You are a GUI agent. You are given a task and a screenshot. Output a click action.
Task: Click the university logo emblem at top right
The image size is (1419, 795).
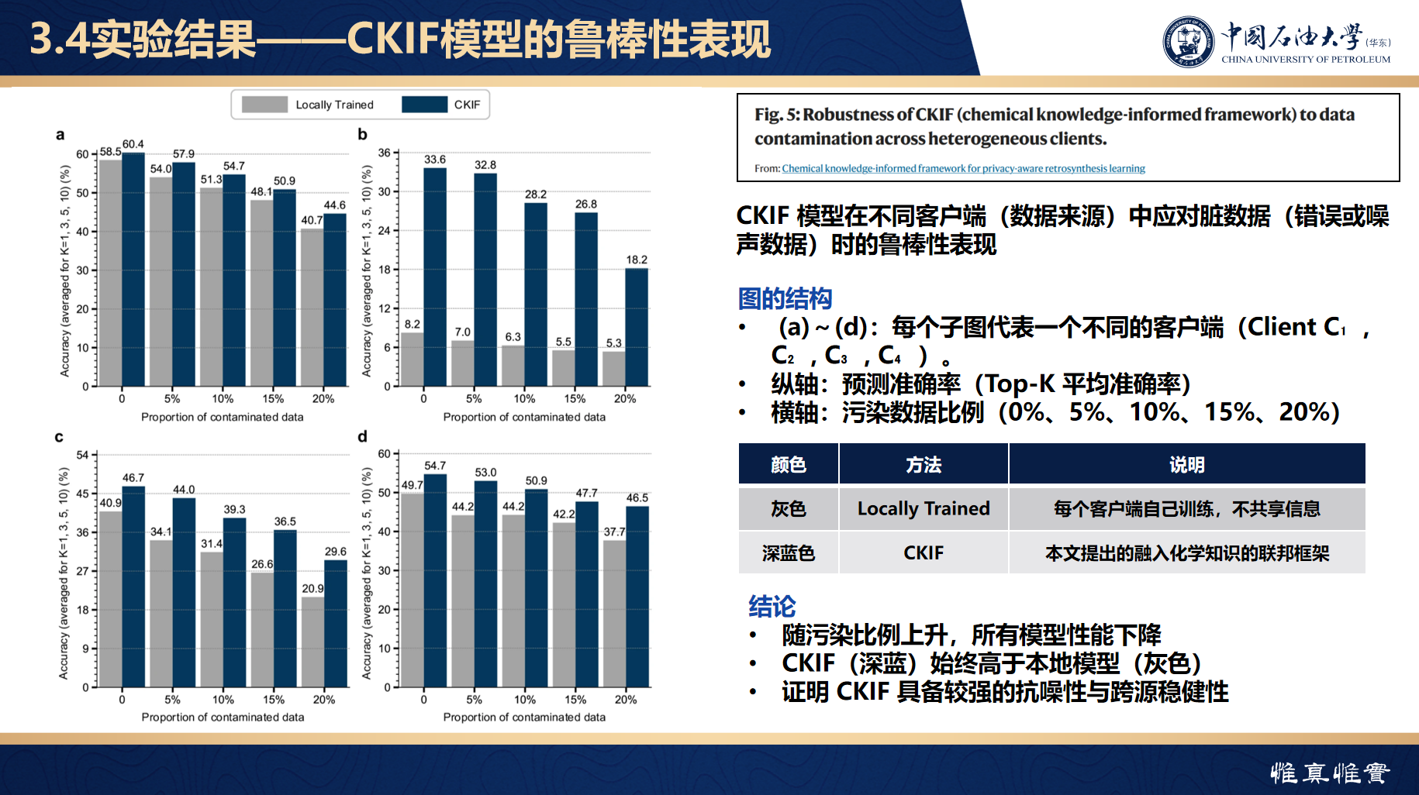pos(1188,42)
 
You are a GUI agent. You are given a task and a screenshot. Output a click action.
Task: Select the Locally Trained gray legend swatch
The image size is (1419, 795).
pos(264,105)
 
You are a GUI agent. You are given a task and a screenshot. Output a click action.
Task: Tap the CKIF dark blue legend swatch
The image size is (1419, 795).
pos(424,105)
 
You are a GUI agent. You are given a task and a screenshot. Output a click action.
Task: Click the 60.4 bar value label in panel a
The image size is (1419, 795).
pos(133,144)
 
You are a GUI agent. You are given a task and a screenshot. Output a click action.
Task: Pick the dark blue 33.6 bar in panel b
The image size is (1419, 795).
pos(435,277)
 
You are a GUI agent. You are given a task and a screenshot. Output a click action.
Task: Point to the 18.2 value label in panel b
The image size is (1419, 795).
pos(637,260)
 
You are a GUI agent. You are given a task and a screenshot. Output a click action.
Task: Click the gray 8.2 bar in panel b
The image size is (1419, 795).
pos(413,360)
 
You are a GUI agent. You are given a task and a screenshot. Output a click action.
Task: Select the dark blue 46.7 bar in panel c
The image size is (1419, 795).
pos(133,587)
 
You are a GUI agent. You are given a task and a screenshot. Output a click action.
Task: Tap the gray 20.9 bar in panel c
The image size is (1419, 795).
pos(313,642)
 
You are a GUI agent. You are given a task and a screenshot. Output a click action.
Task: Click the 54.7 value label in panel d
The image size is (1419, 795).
pos(435,466)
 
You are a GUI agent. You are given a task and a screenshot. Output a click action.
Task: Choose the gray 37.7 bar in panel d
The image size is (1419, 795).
pos(615,614)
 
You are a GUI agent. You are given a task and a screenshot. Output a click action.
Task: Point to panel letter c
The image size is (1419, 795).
pos(59,437)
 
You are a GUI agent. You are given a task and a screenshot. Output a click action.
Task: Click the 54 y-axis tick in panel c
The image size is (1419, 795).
pos(83,455)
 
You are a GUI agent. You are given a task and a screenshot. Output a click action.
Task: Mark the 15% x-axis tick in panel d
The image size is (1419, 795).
pos(575,700)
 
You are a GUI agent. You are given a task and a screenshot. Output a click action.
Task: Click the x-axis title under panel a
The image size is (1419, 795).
pos(223,417)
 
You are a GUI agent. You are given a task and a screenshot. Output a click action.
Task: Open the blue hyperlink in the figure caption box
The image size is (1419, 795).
pos(963,168)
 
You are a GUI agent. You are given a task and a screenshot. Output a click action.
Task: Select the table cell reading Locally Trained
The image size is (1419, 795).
pos(924,508)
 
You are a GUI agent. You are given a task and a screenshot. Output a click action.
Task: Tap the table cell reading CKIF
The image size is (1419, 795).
pos(924,552)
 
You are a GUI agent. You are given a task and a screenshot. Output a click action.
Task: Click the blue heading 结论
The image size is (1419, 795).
pos(772,606)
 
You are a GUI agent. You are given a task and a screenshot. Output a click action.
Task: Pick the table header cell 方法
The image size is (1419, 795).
pos(924,464)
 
